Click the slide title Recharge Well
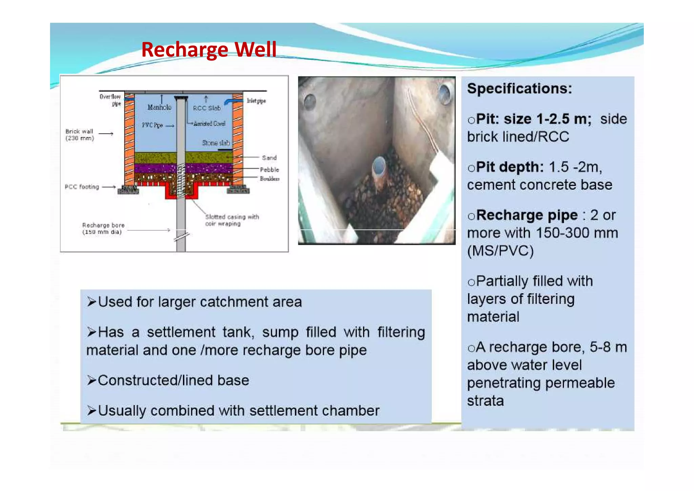pos(209,50)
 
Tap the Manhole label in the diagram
pos(159,107)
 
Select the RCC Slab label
pos(207,108)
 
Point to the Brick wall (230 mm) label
pos(80,135)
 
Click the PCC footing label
pos(82,187)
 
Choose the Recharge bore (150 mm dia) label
pos(103,229)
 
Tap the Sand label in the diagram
pos(269,158)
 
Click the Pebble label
pos(269,170)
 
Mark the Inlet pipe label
pos(256,101)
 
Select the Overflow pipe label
pos(110,100)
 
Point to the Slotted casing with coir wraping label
pos(232,220)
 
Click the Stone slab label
pos(216,143)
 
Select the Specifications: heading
pos(519,89)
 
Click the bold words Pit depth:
pos(510,167)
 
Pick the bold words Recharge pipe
pos(527,215)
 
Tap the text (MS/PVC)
pos(500,251)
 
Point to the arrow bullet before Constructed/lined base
pos(91,380)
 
